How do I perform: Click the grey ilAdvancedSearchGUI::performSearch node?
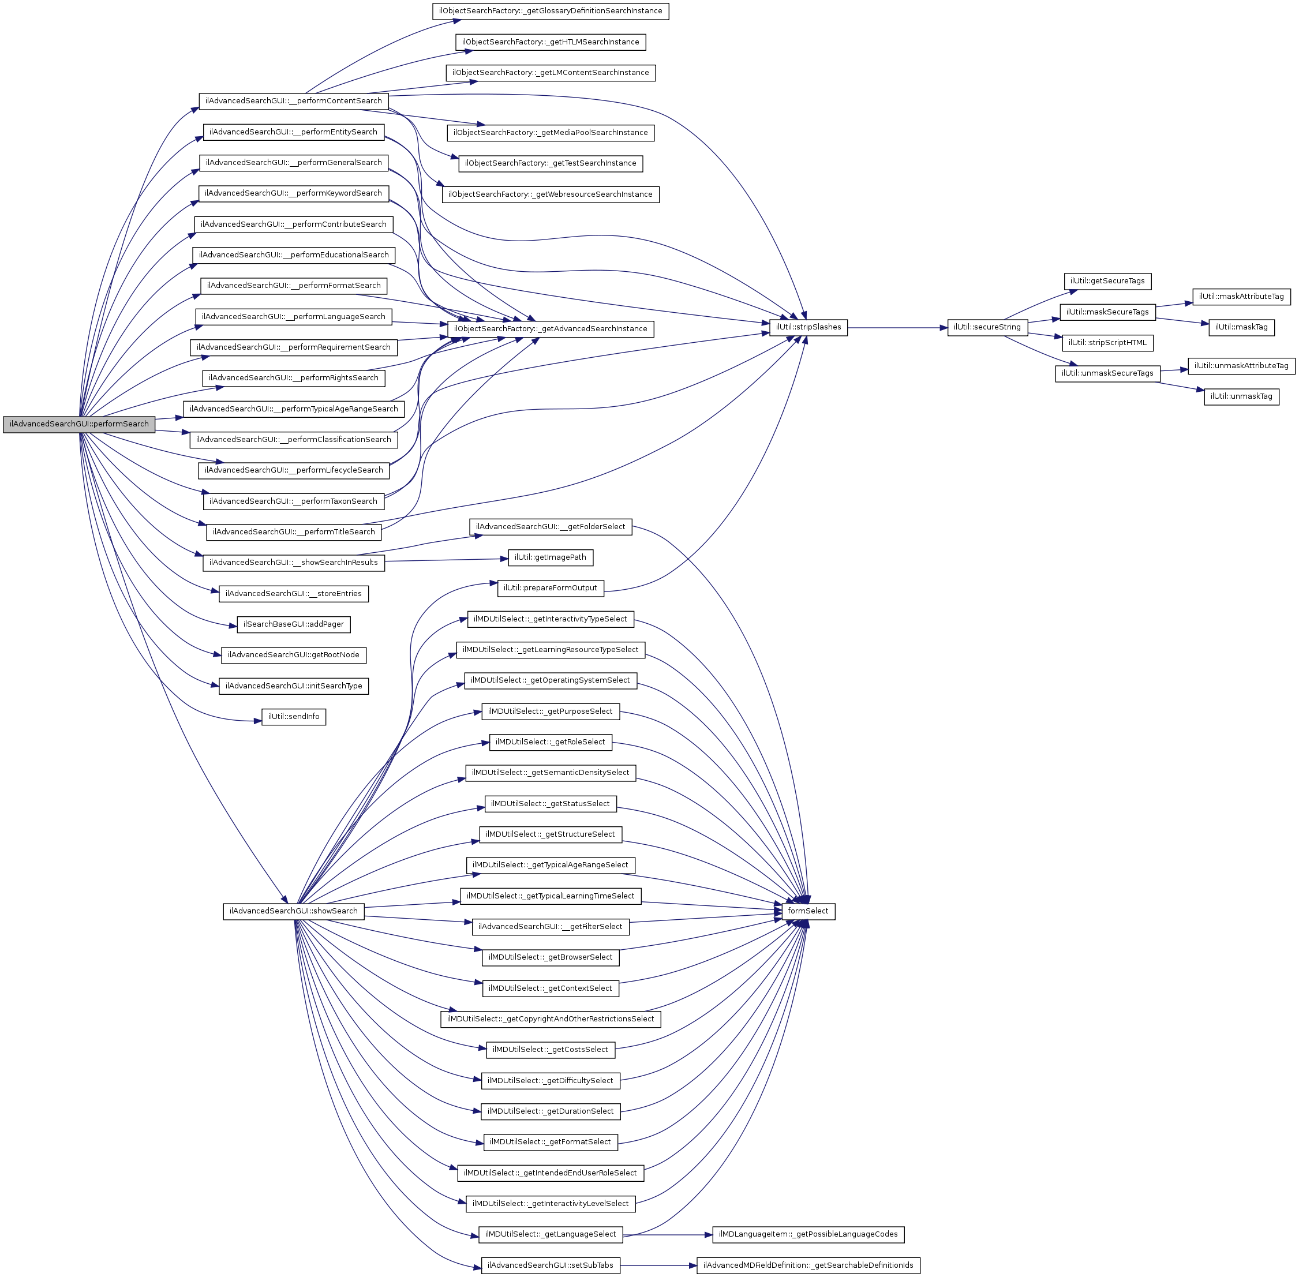(79, 424)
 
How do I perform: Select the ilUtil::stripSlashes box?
(808, 327)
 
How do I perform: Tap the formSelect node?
(808, 911)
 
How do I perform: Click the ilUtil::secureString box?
(987, 327)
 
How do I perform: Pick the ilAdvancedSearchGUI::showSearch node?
(294, 911)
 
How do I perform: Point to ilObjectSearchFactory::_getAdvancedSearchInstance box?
(551, 329)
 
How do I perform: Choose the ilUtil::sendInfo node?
(294, 716)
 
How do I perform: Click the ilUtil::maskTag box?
(1241, 327)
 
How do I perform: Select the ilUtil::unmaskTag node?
(1241, 396)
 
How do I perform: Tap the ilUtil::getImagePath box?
(551, 557)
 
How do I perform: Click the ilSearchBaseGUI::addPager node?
(294, 624)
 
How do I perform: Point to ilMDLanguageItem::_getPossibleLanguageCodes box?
(808, 1234)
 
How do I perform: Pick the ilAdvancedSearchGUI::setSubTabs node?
(551, 1265)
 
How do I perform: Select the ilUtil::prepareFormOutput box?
(551, 588)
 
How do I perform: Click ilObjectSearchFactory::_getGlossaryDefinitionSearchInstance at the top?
(551, 11)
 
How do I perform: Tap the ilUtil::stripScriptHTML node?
(1107, 343)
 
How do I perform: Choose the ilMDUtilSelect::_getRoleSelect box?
(551, 742)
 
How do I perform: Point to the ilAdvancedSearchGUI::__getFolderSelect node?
(551, 526)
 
